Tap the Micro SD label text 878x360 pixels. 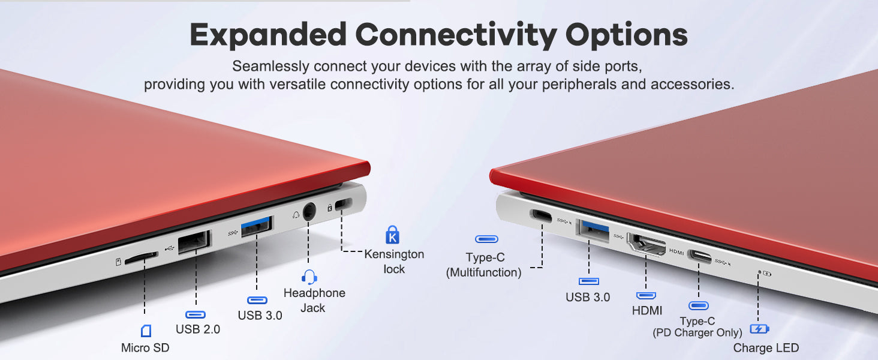tap(145, 348)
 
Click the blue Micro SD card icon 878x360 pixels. tap(146, 331)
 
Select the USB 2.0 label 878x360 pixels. tap(197, 329)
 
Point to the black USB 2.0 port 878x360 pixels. tap(194, 242)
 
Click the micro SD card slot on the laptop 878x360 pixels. tap(141, 257)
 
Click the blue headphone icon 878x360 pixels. tap(309, 277)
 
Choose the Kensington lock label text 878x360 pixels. tap(394, 262)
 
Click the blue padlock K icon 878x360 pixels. tap(392, 235)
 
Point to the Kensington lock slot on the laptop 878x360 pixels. tap(344, 204)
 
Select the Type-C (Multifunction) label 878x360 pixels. tap(484, 265)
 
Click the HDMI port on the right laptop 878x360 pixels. tap(647, 245)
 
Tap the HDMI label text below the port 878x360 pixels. tap(647, 311)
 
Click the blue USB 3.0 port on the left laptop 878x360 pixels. tap(256, 226)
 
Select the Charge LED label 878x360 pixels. tap(766, 348)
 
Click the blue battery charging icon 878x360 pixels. tap(759, 329)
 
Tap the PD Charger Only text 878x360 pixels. tap(697, 332)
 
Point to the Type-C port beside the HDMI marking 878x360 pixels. tap(700, 257)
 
